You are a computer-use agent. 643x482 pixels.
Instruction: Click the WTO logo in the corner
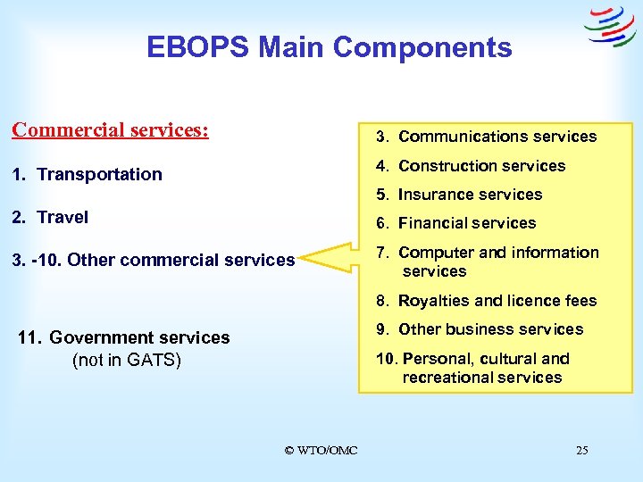point(609,27)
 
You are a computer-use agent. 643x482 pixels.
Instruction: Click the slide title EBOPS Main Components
point(330,47)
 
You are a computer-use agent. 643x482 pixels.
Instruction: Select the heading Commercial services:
point(110,129)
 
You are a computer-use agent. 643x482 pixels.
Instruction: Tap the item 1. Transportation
point(87,174)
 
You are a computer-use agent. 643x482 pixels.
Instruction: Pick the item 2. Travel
point(50,217)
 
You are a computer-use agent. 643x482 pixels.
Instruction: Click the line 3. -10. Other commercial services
point(153,260)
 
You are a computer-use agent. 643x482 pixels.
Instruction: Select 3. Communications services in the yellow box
point(486,137)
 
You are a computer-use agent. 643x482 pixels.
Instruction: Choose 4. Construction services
point(471,166)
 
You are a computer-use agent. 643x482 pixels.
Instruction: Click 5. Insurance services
point(459,195)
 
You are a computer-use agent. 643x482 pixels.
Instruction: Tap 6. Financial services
point(455,223)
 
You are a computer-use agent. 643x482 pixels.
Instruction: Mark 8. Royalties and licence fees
point(486,301)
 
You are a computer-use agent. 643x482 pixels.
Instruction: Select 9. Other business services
point(480,329)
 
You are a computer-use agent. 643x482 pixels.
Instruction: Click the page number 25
point(581,451)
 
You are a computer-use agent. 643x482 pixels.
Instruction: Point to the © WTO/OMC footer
point(321,451)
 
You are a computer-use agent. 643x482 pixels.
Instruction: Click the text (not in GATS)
point(126,361)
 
